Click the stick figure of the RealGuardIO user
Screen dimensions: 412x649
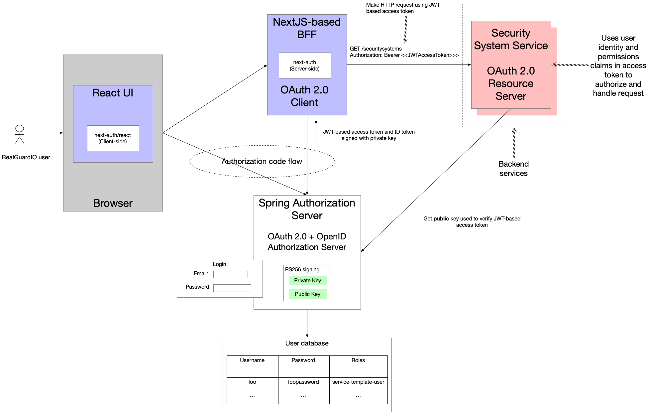point(20,134)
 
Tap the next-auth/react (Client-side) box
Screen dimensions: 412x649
point(113,138)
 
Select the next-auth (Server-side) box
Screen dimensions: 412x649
point(305,66)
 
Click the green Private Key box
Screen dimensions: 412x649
point(307,281)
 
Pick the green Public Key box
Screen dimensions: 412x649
point(307,294)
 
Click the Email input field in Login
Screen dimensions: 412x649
point(230,275)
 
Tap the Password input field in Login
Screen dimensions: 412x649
point(232,288)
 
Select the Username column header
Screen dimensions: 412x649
point(252,360)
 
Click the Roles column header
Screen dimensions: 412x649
point(358,360)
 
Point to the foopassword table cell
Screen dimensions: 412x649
point(303,382)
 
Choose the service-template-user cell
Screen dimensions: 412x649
point(358,382)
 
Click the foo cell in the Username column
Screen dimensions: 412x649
point(252,382)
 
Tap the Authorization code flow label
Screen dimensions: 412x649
point(262,162)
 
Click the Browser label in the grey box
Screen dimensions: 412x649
point(113,203)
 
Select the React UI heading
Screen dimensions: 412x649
point(113,93)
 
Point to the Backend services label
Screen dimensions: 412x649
point(513,169)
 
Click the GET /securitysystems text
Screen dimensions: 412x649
point(376,49)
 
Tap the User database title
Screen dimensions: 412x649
point(307,343)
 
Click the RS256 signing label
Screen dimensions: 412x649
point(302,270)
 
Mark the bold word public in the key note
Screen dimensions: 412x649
point(441,219)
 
